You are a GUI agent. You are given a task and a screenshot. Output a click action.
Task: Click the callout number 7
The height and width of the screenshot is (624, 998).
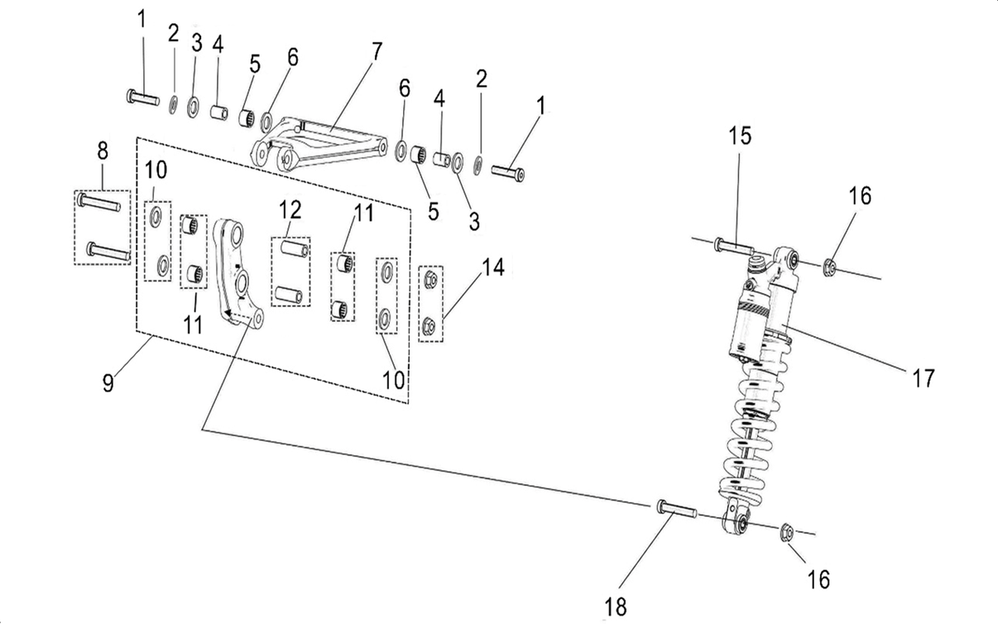pos(377,51)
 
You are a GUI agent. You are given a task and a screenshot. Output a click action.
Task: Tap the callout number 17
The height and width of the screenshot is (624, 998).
pos(924,378)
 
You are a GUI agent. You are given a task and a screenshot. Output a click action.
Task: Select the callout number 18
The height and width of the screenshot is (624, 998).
pos(616,607)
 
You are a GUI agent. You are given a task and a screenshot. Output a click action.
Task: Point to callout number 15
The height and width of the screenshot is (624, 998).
pos(740,136)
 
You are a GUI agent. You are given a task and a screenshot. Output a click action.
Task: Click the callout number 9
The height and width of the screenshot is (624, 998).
pos(108,383)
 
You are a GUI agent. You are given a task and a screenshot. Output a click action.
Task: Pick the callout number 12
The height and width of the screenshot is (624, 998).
pos(290,209)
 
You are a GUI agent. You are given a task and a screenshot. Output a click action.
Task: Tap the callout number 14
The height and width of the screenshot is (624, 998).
pos(493,267)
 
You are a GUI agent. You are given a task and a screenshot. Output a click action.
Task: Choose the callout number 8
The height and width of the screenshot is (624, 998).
pos(103,151)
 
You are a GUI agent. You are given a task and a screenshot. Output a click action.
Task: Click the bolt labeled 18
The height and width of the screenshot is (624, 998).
pos(677,510)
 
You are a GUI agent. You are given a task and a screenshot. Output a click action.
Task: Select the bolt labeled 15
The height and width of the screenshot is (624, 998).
pos(734,247)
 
